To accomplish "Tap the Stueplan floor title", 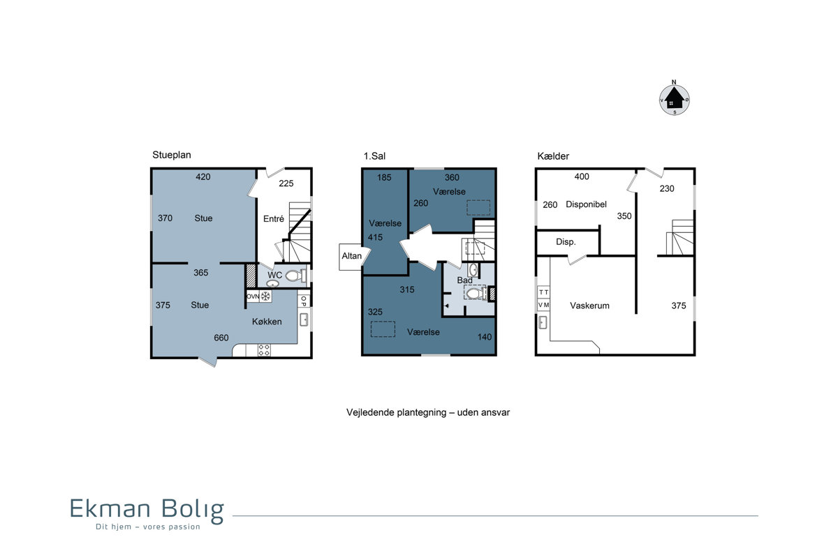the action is (x=172, y=155).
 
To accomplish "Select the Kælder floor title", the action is (x=553, y=156).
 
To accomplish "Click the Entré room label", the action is (x=274, y=218).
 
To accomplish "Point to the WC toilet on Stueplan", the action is (x=295, y=276).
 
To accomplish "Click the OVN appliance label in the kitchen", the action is (x=253, y=296).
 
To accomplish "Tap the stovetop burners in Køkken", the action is (x=264, y=350).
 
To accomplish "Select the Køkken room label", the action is (x=267, y=322).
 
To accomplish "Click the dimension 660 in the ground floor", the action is (x=221, y=338).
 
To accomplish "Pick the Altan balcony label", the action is (x=352, y=256).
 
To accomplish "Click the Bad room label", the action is (x=464, y=280).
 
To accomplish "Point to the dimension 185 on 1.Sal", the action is (x=384, y=178).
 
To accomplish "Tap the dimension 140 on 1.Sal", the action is (x=485, y=337).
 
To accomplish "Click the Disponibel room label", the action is (x=586, y=204).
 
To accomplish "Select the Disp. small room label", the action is (x=566, y=242).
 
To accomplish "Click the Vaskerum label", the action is (x=589, y=306).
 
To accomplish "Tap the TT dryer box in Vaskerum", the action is (x=543, y=292).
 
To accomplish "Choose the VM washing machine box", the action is (x=543, y=305).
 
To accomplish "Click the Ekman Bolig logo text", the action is (x=147, y=510).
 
